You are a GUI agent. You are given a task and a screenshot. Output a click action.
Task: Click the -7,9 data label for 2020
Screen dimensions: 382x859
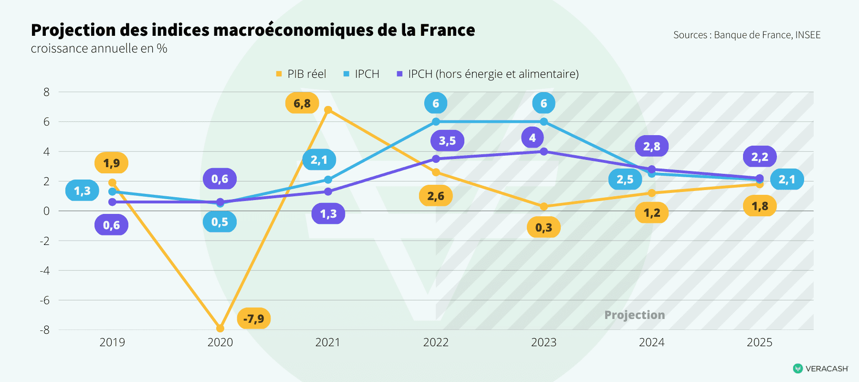tap(253, 318)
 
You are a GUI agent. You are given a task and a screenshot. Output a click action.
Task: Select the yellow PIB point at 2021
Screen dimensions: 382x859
tap(328, 110)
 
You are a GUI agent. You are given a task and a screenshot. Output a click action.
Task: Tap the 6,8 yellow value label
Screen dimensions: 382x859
tap(302, 103)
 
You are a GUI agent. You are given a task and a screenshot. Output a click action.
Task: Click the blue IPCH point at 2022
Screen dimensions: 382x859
tap(436, 122)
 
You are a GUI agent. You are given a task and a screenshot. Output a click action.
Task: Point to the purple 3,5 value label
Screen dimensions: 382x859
tap(447, 140)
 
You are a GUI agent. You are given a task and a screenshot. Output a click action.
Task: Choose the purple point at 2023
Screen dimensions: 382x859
tap(544, 151)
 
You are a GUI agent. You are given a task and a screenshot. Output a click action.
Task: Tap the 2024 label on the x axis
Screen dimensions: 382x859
tap(651, 342)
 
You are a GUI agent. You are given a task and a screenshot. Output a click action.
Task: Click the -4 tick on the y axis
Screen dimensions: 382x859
tap(45, 270)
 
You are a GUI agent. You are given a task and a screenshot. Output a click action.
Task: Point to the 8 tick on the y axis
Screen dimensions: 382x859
tap(46, 92)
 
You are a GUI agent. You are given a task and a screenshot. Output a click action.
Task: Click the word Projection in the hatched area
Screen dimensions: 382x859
tap(634, 315)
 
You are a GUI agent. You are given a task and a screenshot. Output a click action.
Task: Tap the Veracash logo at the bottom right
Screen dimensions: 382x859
tap(820, 368)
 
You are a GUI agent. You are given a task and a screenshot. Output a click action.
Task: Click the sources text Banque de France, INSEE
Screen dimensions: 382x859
tap(767, 35)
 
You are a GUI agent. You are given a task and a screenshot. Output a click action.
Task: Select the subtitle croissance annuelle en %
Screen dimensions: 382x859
tap(99, 49)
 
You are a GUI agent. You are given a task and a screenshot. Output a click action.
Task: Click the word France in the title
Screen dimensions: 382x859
tap(447, 30)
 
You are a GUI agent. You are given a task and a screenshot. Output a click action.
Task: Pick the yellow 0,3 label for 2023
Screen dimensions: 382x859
tap(544, 227)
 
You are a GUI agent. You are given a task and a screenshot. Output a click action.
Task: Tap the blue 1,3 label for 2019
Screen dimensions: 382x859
tap(82, 191)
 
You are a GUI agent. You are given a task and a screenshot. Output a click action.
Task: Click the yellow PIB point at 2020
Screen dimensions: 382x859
tap(220, 329)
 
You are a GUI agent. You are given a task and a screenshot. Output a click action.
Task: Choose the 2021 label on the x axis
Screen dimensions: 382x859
tap(327, 342)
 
